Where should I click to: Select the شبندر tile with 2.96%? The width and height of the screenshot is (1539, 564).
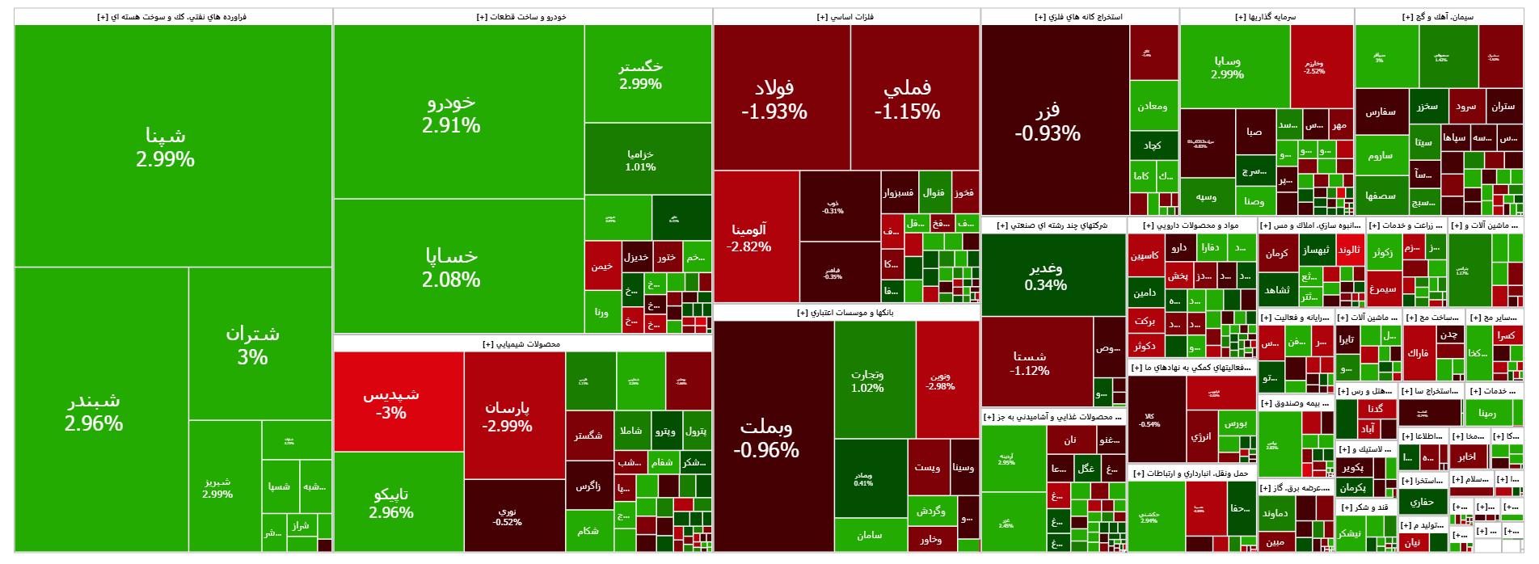(95, 412)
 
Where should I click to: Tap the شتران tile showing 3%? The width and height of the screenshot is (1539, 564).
(252, 345)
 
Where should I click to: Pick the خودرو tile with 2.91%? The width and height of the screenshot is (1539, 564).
(451, 113)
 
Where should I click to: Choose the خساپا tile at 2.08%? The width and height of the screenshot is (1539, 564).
(451, 267)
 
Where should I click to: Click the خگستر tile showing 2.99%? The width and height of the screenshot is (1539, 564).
(641, 74)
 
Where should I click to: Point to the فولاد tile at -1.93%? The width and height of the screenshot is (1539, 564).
(774, 99)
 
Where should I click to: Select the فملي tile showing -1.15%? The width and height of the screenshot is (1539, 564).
(907, 99)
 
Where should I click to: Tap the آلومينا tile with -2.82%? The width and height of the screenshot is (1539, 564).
(749, 238)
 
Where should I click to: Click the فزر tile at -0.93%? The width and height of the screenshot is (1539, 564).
(1048, 121)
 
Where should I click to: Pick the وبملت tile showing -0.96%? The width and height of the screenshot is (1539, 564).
(766, 437)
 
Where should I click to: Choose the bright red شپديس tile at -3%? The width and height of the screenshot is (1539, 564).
(391, 402)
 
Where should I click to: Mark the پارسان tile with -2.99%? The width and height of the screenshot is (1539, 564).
(508, 416)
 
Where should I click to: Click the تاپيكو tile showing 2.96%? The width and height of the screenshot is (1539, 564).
(391, 503)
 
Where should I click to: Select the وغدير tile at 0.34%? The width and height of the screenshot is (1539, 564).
(1046, 276)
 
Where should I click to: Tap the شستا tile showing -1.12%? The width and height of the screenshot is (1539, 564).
(1030, 363)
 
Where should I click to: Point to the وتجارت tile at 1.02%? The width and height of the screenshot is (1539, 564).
(867, 381)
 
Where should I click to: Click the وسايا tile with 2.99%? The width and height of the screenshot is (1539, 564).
(1227, 67)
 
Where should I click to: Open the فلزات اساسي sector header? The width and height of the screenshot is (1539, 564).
(845, 17)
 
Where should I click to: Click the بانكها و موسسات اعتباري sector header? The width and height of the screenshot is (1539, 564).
(845, 313)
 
